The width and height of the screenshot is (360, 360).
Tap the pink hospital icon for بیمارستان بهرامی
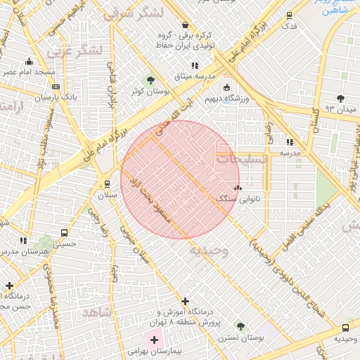pyautogui.click(x=154, y=340)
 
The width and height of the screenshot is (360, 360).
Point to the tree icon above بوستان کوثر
pyautogui.click(x=150, y=80)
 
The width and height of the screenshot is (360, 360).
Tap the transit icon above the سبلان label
pyautogui.click(x=107, y=184)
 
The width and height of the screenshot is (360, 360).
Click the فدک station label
pyautogui.click(x=289, y=27)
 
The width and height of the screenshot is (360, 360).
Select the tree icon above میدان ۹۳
pyautogui.click(x=341, y=99)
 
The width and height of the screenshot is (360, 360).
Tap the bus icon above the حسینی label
pyautogui.click(x=65, y=233)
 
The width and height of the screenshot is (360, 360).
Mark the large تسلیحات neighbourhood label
pyautogui.click(x=240, y=160)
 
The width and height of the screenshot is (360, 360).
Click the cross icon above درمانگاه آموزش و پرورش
pyautogui.click(x=185, y=301)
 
